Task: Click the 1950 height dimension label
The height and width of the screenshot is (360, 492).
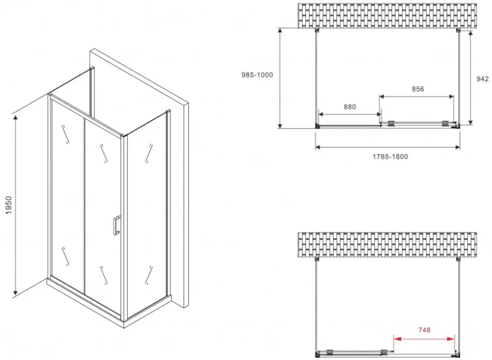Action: click(x=8, y=205)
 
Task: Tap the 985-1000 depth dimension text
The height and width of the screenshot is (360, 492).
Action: click(x=257, y=74)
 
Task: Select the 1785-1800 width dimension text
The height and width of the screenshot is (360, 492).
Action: click(x=391, y=157)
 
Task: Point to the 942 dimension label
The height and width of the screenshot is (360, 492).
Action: click(x=482, y=79)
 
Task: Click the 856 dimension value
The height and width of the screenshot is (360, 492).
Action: click(x=418, y=89)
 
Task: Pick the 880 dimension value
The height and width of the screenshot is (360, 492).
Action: click(x=350, y=107)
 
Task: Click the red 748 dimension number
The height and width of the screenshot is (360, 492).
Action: click(x=424, y=330)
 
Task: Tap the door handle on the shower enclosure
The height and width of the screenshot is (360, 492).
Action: click(x=116, y=225)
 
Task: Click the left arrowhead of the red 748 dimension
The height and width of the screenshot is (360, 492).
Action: click(x=398, y=339)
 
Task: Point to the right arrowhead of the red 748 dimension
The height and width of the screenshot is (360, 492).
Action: click(x=450, y=339)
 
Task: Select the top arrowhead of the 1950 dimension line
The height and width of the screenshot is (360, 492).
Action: click(x=15, y=118)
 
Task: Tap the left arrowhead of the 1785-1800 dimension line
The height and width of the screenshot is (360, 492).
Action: click(x=319, y=147)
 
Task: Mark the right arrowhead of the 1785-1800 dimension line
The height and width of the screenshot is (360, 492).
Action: click(x=457, y=147)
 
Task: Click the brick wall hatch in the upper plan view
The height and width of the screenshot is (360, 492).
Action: click(x=387, y=16)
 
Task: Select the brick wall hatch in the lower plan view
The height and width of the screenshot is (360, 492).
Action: click(x=387, y=245)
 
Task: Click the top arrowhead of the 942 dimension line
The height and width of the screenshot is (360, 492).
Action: click(x=470, y=34)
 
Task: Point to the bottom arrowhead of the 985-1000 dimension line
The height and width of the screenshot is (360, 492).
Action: click(x=280, y=125)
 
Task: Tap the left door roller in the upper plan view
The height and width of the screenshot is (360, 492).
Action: click(x=391, y=124)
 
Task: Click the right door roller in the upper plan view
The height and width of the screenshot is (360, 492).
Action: click(x=445, y=124)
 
